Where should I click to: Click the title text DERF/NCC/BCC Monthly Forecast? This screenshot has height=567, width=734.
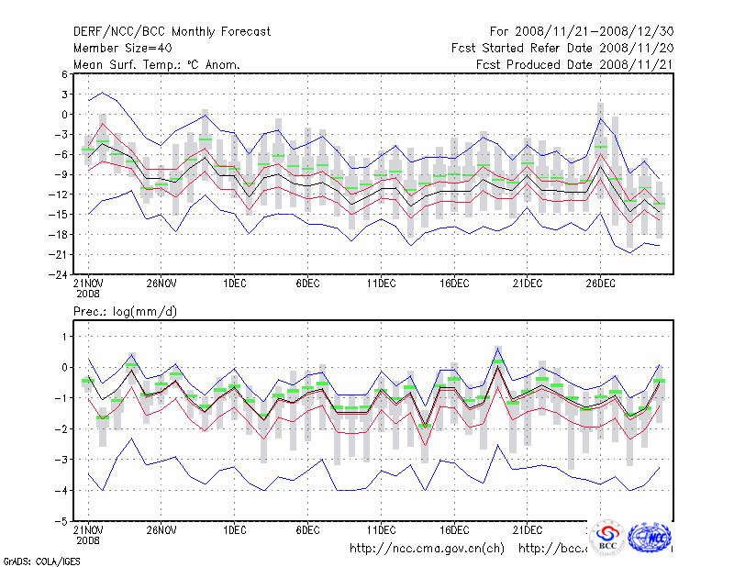click(x=172, y=31)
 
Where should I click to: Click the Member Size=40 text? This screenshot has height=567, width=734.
click(x=118, y=48)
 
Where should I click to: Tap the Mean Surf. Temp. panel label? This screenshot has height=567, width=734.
click(x=157, y=64)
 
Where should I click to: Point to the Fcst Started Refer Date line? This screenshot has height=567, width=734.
click(x=562, y=48)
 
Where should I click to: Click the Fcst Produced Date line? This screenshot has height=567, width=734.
click(x=574, y=64)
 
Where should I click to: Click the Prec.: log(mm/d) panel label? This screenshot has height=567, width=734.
click(x=126, y=312)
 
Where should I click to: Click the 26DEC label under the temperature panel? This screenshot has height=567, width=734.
click(x=600, y=284)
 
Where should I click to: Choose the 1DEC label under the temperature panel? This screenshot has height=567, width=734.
click(x=234, y=284)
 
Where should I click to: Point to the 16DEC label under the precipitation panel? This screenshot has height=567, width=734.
click(x=454, y=529)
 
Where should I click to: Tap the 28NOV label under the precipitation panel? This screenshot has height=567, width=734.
click(x=161, y=529)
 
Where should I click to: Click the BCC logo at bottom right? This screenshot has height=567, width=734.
click(x=607, y=539)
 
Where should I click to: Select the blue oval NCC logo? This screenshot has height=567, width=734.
click(x=653, y=538)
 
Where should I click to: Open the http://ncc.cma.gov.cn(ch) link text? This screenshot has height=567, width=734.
click(x=427, y=549)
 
